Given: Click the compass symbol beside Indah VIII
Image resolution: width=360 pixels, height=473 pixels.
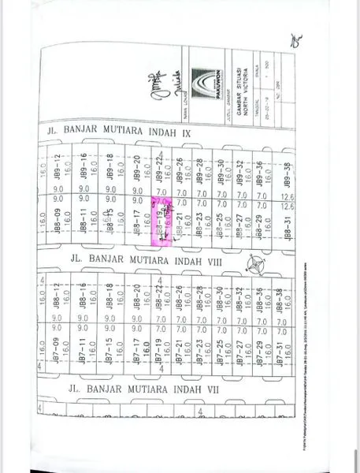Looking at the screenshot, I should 257,266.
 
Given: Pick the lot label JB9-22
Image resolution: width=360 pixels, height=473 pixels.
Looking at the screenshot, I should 158,168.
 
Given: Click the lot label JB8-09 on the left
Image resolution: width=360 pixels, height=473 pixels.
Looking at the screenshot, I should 57,226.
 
